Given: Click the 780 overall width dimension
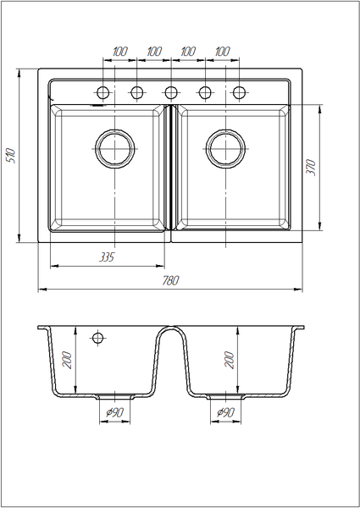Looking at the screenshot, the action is click(x=170, y=280).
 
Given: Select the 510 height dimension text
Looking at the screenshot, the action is click(x=11, y=156).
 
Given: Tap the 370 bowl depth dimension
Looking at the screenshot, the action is click(x=311, y=167).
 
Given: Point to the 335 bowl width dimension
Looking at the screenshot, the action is click(x=107, y=257).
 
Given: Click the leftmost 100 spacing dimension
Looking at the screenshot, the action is click(x=120, y=52).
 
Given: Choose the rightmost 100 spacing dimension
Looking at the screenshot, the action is click(x=222, y=52).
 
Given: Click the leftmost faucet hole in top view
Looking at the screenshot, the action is click(x=103, y=92).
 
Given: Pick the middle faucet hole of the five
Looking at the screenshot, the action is click(x=171, y=92).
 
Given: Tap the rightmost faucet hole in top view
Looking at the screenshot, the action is click(x=239, y=92).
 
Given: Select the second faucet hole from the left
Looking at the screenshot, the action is click(x=137, y=92).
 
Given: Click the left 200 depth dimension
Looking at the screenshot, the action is click(x=67, y=360).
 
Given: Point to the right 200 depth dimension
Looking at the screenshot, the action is click(x=229, y=360).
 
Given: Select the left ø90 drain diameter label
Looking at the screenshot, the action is click(x=115, y=412).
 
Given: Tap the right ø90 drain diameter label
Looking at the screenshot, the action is click(x=225, y=412).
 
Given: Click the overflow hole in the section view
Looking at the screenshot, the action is click(x=98, y=338).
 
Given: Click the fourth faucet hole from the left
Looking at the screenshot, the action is click(x=205, y=92).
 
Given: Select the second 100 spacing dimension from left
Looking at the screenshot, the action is click(x=154, y=52).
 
